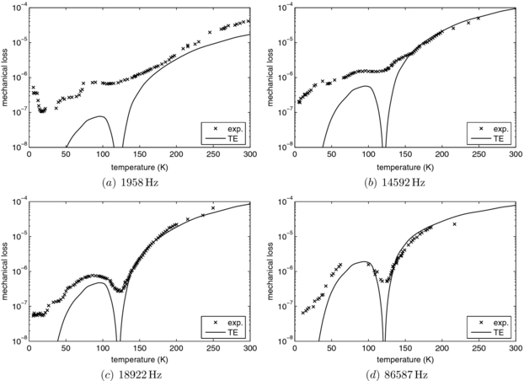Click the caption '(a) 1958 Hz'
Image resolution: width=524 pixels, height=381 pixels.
[140, 180]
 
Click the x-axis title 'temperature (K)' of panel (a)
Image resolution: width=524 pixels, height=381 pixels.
[140, 165]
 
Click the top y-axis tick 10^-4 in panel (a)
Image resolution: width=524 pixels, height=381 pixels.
[19, 8]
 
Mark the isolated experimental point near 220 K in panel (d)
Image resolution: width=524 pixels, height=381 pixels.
[454, 224]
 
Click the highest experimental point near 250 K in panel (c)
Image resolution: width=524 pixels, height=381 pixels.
[213, 207]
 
